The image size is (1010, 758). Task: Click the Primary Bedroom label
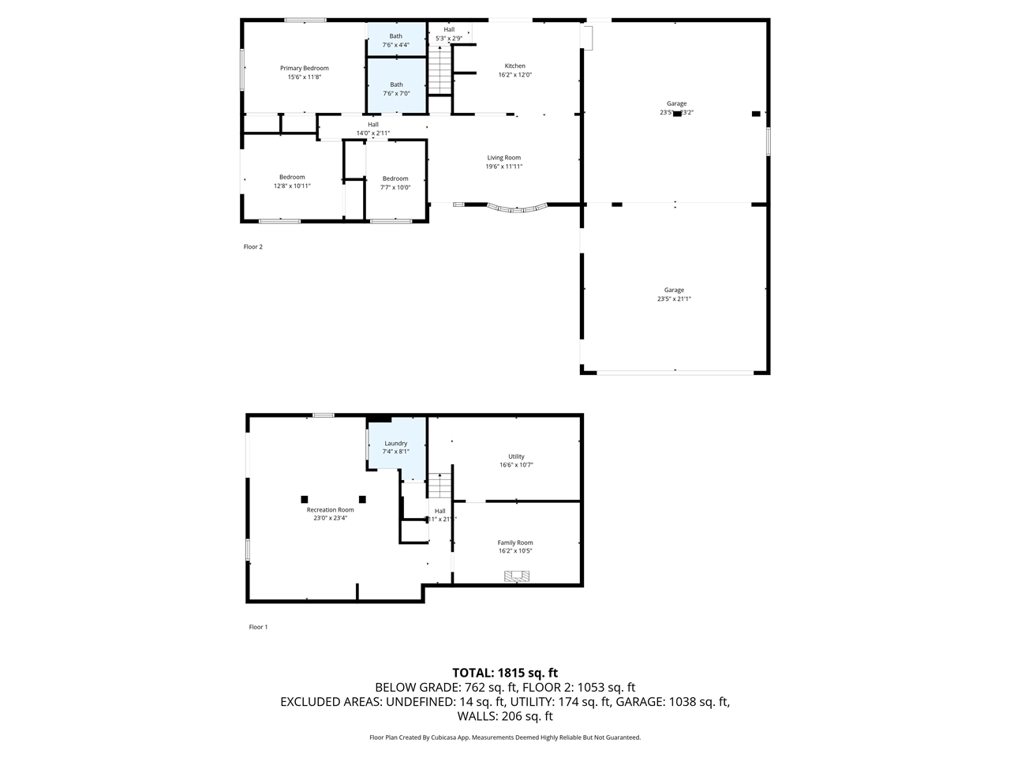pos(304,69)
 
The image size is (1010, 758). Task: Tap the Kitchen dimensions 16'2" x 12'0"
pos(514,75)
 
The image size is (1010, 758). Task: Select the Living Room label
pos(503,158)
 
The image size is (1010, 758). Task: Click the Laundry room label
pos(395,444)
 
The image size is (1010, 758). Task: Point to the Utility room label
pos(516,456)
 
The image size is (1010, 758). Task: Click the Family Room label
pos(514,542)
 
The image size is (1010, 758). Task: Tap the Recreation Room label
pos(330,510)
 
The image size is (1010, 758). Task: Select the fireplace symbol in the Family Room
pos(518,576)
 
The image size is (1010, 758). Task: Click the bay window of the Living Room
pos(517,209)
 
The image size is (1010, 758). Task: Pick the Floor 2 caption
pos(252,247)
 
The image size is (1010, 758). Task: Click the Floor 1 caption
pos(258,627)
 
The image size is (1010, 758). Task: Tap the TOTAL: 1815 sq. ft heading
pos(505,673)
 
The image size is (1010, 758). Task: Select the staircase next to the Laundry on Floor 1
pos(440,483)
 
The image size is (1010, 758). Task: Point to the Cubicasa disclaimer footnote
pos(505,737)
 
